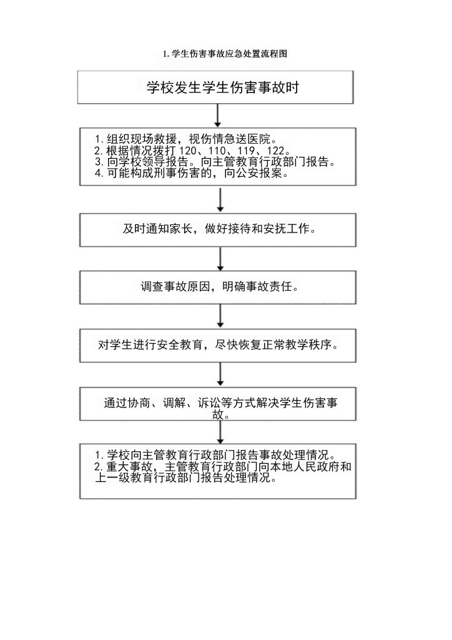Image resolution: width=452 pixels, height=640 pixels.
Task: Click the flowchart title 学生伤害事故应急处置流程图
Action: pyautogui.click(x=225, y=54)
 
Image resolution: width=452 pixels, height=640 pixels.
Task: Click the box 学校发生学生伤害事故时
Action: pyautogui.click(x=217, y=87)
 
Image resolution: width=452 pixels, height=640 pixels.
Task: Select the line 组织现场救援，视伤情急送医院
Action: pyautogui.click(x=186, y=139)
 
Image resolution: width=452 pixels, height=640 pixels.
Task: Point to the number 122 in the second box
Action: pyautogui.click(x=273, y=151)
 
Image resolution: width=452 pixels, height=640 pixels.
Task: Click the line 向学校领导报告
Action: pyautogui.click(x=145, y=162)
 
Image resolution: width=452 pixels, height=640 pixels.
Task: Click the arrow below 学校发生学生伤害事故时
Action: pyautogui.click(x=217, y=115)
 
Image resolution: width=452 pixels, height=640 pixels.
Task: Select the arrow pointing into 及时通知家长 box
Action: pyautogui.click(x=220, y=200)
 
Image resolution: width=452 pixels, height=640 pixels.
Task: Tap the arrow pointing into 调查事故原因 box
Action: pyautogui.click(x=220, y=259)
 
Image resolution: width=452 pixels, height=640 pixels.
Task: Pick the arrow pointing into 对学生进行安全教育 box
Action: pyautogui.click(x=220, y=317)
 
